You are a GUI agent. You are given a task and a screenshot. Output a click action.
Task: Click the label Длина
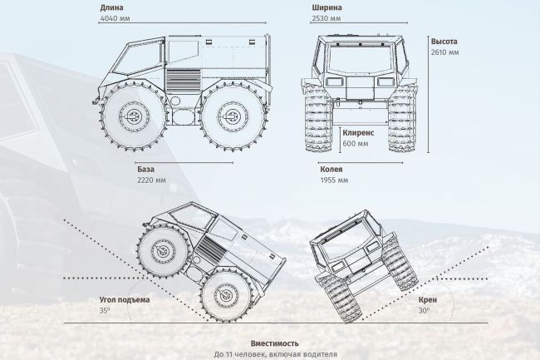point(111,7)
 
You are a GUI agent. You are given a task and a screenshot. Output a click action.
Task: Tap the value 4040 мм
point(115,18)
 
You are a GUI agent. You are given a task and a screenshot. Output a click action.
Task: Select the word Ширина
point(326,7)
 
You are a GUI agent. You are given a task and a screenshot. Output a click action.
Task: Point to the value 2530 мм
point(326,18)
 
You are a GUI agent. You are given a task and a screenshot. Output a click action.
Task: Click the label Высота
point(444,42)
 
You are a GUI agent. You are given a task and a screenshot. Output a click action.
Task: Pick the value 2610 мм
point(445,52)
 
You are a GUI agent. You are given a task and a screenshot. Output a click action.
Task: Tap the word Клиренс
point(358,133)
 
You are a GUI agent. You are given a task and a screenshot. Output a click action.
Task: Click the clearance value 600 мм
point(356,144)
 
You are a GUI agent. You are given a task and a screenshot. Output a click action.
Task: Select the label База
point(145,169)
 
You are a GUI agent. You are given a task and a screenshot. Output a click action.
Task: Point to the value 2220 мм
point(151,180)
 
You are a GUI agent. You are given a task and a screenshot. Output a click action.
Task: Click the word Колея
point(331,169)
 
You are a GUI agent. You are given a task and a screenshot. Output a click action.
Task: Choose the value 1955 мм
point(334,180)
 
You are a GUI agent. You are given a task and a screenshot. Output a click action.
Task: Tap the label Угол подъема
point(125,299)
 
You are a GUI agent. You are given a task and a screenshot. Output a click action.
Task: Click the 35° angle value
point(105,310)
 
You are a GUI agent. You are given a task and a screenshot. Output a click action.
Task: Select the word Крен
point(428,299)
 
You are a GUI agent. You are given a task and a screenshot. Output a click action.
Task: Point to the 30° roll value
point(424,310)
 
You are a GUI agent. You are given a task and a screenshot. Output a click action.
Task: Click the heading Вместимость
point(275,343)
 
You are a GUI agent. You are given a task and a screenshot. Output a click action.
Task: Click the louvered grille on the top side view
point(183,80)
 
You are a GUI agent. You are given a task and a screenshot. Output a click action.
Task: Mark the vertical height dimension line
point(428,94)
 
